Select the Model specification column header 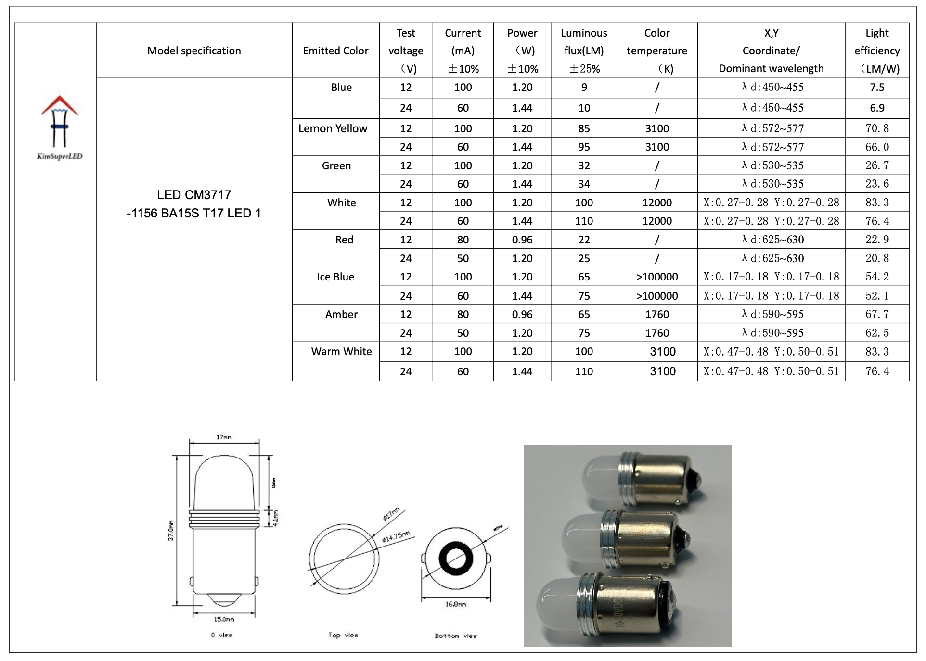tap(194, 51)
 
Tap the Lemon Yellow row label tap(333, 128)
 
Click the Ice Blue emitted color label tap(335, 277)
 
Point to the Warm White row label tap(341, 351)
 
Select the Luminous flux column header tap(584, 50)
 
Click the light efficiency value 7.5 tap(877, 87)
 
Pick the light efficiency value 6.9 tap(877, 108)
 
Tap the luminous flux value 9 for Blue tap(584, 87)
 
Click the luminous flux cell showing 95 tap(584, 147)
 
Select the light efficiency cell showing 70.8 tap(877, 128)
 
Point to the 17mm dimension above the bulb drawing tap(224, 437)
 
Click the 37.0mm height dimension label tap(171, 531)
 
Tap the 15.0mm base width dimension tap(224, 619)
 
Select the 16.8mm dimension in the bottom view tap(456, 604)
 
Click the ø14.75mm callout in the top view tap(396, 536)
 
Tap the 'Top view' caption tap(343, 635)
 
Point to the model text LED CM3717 tap(194, 195)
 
